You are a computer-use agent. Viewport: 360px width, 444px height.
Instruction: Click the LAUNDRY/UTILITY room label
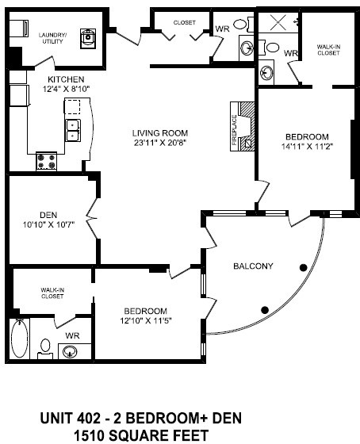click(x=53, y=37)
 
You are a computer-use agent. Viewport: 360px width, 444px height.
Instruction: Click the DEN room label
click(x=48, y=212)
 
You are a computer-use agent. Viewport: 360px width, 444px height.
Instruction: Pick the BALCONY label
click(x=253, y=266)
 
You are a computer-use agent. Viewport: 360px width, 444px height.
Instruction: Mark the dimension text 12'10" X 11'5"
click(x=144, y=321)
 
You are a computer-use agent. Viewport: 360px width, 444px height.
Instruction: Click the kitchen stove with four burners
click(x=47, y=162)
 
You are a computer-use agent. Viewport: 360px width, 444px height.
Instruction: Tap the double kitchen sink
click(x=73, y=129)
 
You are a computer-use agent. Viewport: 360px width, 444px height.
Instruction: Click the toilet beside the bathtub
click(x=46, y=347)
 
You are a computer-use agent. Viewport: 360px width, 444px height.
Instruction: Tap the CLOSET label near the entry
click(x=184, y=23)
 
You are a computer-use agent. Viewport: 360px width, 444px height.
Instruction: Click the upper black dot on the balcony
click(x=303, y=267)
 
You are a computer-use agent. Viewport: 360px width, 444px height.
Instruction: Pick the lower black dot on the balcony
click(x=265, y=308)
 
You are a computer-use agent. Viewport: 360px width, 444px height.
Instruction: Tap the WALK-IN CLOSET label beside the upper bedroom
click(x=327, y=50)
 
